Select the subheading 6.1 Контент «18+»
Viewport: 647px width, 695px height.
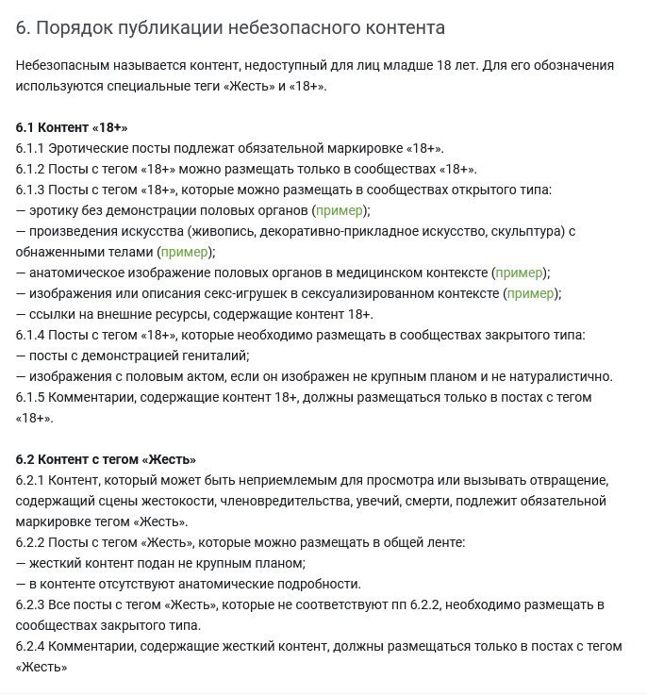pyautogui.click(x=72, y=127)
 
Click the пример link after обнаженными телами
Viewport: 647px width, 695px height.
pyautogui.click(x=185, y=252)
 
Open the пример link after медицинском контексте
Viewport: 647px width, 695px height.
pyautogui.click(x=520, y=273)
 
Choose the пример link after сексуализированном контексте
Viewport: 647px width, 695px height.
pyautogui.click(x=530, y=293)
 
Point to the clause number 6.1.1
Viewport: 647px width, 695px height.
pyautogui.click(x=30, y=148)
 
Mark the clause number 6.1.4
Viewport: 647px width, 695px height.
pyautogui.click(x=30, y=335)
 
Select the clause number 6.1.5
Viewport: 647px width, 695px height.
pyautogui.click(x=30, y=397)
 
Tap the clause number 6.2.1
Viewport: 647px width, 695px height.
pyautogui.click(x=30, y=480)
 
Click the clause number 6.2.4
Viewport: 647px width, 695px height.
pyautogui.click(x=30, y=646)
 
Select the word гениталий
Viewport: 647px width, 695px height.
pyautogui.click(x=220, y=356)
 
